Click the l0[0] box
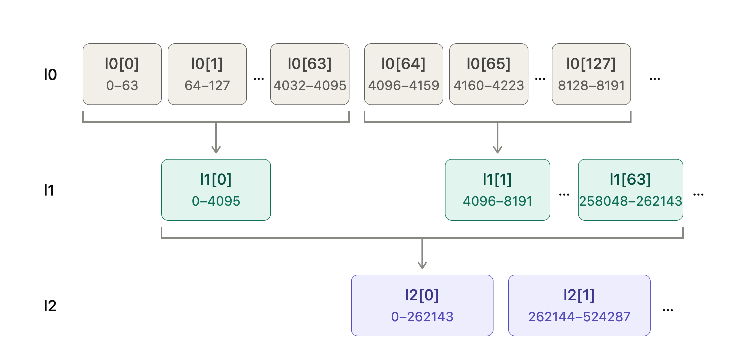coord(122,74)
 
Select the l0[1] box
coord(207,74)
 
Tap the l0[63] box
coord(310,74)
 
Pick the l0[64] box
coord(404,74)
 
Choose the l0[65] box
coord(489,74)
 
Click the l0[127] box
coord(591,74)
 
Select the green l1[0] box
coord(216,190)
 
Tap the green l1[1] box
coord(498,190)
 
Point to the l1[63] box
coord(630,190)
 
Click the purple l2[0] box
coord(422,305)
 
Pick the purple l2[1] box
coord(579,305)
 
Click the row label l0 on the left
coord(50,75)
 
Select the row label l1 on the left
coord(49,190)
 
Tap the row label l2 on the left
coord(50,305)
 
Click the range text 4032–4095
coord(310,86)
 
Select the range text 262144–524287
coord(579,317)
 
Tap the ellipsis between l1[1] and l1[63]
coord(564,195)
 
